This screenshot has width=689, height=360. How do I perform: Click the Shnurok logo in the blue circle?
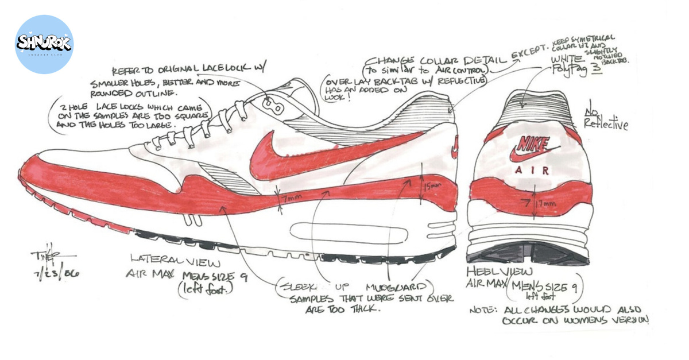pos(44,44)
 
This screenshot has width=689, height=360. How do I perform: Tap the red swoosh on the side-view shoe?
pos(299,152)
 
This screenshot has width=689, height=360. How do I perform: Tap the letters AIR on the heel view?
pos(532,170)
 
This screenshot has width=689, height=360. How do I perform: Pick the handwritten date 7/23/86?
pos(56,273)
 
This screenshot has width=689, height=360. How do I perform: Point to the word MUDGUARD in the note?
pos(396,285)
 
